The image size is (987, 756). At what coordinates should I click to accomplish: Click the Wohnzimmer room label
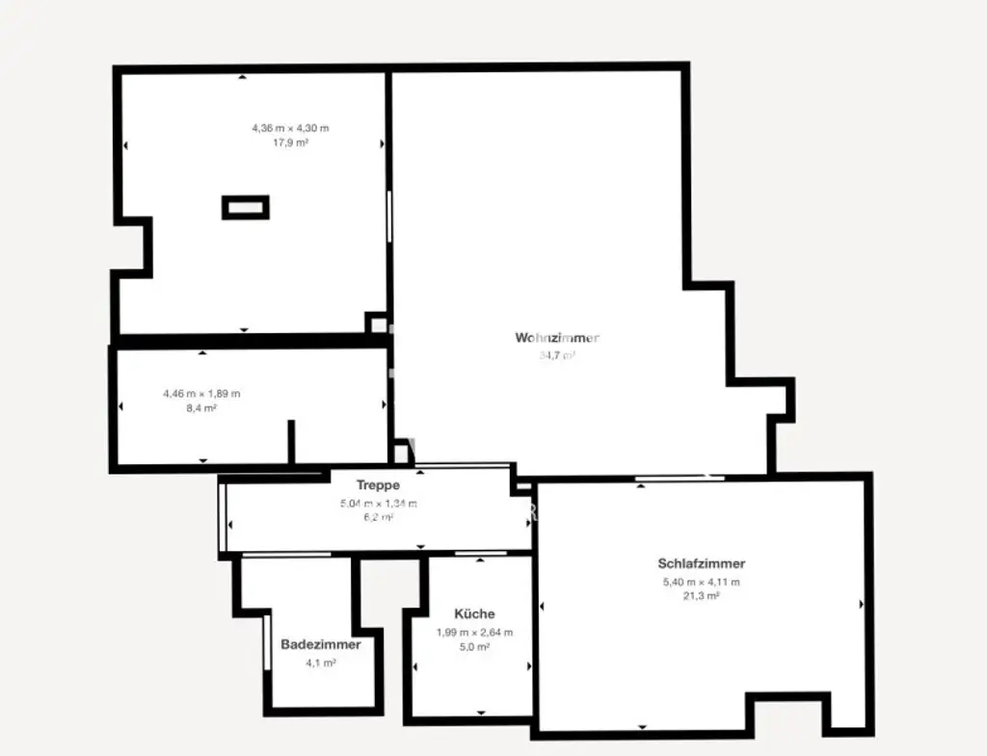[557, 338]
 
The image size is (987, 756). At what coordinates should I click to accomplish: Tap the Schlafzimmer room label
[701, 564]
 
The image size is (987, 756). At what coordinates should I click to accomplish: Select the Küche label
[474, 613]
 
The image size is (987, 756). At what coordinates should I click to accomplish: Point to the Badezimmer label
[321, 644]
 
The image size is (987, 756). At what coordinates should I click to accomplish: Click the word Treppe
[378, 485]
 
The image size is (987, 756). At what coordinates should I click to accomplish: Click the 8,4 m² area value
[202, 408]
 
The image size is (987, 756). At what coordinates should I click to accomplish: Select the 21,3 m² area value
[701, 596]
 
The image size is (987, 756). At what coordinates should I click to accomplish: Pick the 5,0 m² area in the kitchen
[474, 647]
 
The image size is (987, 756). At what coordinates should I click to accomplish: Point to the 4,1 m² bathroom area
[321, 664]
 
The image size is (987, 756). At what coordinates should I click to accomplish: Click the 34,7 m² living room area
[557, 355]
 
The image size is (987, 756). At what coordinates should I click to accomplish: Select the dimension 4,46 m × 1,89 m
[202, 393]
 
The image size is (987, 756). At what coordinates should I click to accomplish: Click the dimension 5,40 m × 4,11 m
[701, 582]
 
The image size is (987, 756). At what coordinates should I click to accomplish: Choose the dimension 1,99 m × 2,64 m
[474, 633]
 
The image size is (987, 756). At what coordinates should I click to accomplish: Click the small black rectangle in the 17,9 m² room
[246, 207]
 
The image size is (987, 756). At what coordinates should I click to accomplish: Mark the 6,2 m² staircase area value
[378, 517]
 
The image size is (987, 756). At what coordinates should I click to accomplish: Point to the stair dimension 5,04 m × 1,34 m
[378, 504]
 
